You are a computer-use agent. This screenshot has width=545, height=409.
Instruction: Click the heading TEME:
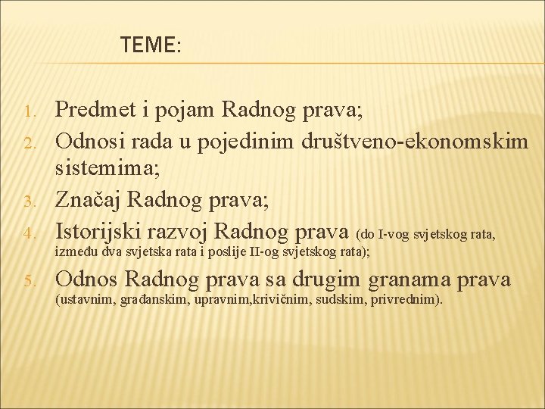[x=151, y=46]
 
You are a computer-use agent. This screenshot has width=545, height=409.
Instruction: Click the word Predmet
[x=98, y=112]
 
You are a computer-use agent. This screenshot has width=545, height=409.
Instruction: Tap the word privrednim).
[x=407, y=299]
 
